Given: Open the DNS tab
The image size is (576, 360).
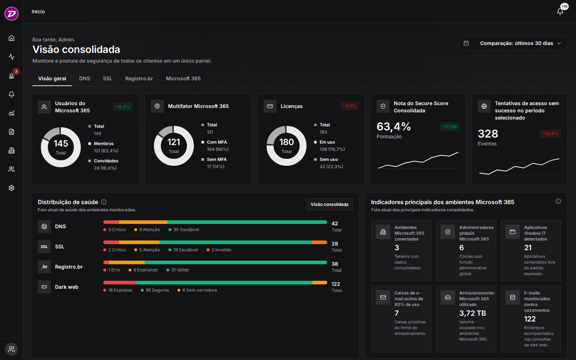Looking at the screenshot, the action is [x=84, y=78].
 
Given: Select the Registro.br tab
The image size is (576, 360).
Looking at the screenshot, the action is [x=139, y=78].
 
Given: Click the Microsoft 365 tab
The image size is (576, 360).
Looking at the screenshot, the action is [x=183, y=78].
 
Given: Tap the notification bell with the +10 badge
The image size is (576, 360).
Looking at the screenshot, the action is [x=560, y=11].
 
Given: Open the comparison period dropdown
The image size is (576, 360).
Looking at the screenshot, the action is [x=513, y=43].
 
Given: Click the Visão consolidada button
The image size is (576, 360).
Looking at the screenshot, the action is [x=329, y=204].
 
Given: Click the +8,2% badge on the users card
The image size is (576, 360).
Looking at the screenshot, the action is [x=123, y=107].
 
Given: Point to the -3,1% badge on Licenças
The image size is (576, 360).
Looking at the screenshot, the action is [x=350, y=106].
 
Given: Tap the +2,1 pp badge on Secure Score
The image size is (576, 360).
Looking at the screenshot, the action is [x=450, y=126].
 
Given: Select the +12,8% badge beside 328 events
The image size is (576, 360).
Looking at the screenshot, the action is [x=550, y=134].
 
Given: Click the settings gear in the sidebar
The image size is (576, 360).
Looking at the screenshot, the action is [x=12, y=188].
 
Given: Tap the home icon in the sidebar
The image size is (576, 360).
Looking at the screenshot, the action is [x=12, y=38].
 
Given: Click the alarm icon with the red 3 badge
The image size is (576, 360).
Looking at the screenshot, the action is [x=12, y=76].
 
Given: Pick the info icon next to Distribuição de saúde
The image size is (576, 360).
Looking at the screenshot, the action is [x=104, y=202].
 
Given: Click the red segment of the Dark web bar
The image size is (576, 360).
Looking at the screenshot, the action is [x=120, y=283].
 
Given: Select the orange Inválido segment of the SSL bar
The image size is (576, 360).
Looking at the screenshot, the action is [x=319, y=242].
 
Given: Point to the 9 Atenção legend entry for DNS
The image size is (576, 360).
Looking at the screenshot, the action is [x=147, y=230].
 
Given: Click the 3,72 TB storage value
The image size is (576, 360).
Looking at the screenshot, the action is [x=473, y=313].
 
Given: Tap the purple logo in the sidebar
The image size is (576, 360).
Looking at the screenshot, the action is [x=12, y=13].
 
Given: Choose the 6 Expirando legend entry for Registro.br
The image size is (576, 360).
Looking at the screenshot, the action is [x=143, y=270].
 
